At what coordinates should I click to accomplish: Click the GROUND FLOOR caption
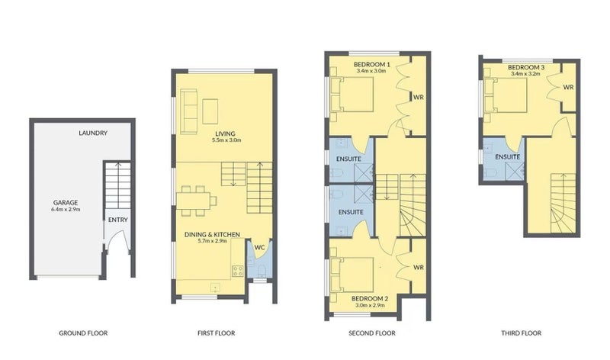[83, 333]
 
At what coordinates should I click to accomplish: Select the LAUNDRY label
[93, 133]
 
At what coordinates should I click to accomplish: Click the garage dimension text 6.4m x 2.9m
[66, 209]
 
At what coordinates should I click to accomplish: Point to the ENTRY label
[118, 220]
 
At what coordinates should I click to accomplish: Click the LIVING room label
[224, 133]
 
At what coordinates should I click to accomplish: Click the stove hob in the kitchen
[237, 270]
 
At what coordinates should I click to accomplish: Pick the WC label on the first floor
[259, 246]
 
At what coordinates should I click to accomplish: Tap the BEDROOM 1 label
[372, 65]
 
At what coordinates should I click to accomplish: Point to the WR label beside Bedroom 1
[418, 98]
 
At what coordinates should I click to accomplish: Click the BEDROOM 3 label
[526, 68]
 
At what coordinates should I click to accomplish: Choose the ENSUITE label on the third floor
[507, 157]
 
